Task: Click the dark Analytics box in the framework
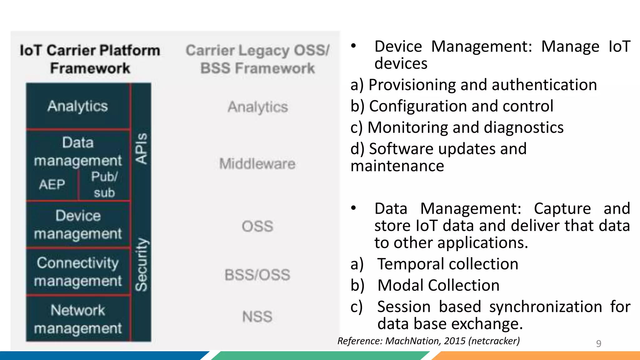(x=78, y=106)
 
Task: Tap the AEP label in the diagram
(x=52, y=184)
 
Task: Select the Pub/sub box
(x=104, y=185)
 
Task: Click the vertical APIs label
(x=141, y=148)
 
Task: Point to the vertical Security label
(x=141, y=264)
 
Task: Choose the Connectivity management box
(x=78, y=272)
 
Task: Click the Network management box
(x=78, y=319)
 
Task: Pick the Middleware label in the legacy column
(x=257, y=164)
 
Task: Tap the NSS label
(x=257, y=317)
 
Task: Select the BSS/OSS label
(x=257, y=275)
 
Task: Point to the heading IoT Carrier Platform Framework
(x=90, y=59)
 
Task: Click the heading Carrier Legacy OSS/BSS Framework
(x=257, y=59)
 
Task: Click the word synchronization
(x=546, y=307)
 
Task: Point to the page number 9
(x=598, y=343)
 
